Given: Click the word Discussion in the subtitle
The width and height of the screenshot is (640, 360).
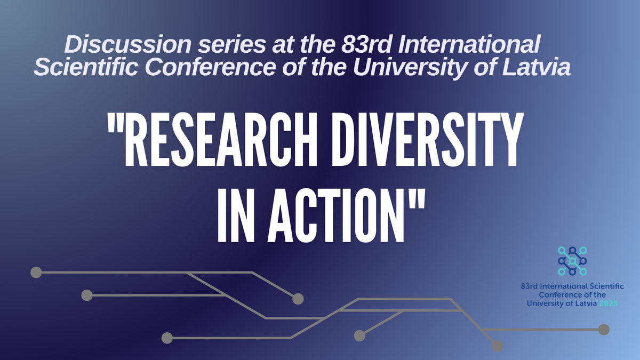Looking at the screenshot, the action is click(x=127, y=44).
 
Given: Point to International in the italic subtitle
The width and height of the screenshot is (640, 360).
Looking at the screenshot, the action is click(x=469, y=44).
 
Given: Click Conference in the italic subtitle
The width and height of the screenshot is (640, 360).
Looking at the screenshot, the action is click(x=210, y=67).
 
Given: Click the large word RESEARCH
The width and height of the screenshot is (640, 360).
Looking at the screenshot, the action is click(x=221, y=139).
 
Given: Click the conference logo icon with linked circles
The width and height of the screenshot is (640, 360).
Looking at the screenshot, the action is click(x=572, y=261).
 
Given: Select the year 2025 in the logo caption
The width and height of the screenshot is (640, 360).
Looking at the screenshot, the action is click(x=609, y=303).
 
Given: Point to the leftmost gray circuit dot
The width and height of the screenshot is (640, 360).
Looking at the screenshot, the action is click(x=36, y=273).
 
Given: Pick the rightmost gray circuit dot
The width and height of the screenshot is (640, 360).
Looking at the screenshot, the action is click(x=604, y=330).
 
